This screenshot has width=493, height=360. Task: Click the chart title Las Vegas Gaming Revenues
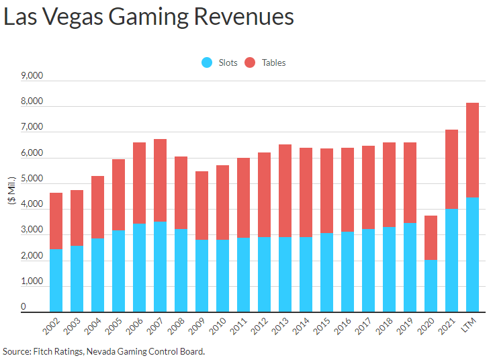[148, 17]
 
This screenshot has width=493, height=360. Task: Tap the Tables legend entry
[265, 62]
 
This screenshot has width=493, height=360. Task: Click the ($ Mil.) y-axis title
[13, 195]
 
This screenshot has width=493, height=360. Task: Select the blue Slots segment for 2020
[430, 286]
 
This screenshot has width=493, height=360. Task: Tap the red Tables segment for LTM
[472, 150]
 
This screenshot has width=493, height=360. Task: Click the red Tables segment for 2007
[160, 180]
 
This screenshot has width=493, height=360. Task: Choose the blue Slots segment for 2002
[56, 281]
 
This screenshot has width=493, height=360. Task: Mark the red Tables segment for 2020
[430, 238]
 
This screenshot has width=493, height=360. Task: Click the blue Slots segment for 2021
[451, 261]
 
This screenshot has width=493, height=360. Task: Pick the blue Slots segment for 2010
[222, 276]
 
